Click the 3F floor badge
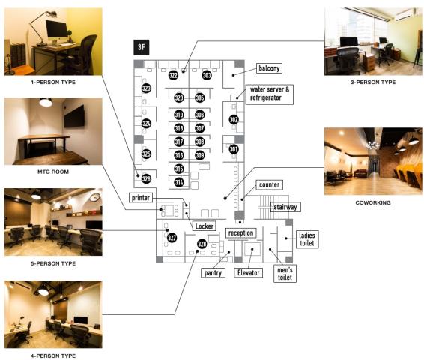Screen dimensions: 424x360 click(x=142, y=47)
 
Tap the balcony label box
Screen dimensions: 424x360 click(x=269, y=68)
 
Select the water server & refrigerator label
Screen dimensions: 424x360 click(x=270, y=94)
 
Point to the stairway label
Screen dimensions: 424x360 click(x=285, y=207)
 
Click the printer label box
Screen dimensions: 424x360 click(x=141, y=198)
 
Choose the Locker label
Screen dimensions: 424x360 click(x=205, y=226)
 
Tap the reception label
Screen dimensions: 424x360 click(x=241, y=233)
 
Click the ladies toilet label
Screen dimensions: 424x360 click(x=307, y=239)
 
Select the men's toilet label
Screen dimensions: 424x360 click(x=285, y=274)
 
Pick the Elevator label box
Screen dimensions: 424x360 click(x=248, y=272)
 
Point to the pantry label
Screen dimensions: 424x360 click(x=213, y=273)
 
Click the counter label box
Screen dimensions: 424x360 click(x=270, y=184)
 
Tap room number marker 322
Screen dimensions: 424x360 click(x=173, y=75)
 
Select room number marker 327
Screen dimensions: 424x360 click(x=172, y=238)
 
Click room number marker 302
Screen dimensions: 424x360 click(x=234, y=119)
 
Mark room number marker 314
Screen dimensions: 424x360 click(x=179, y=182)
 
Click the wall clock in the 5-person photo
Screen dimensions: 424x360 click(x=95, y=197)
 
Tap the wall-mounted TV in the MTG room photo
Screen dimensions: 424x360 click(x=74, y=116)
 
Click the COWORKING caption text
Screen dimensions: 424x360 click(x=373, y=202)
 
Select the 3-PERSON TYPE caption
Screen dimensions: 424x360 click(x=373, y=82)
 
